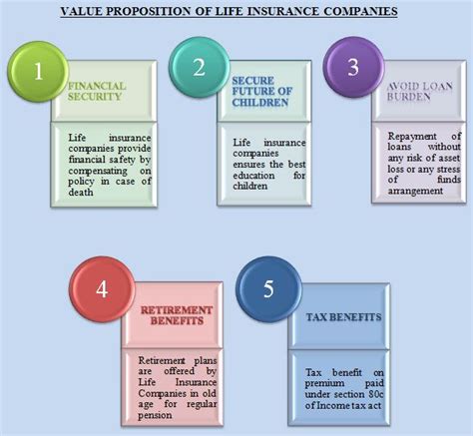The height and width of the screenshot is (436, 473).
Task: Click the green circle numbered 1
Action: [39, 72]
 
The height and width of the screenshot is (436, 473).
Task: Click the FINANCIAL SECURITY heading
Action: [97, 92]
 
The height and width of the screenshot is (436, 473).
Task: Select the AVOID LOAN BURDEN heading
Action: [411, 91]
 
